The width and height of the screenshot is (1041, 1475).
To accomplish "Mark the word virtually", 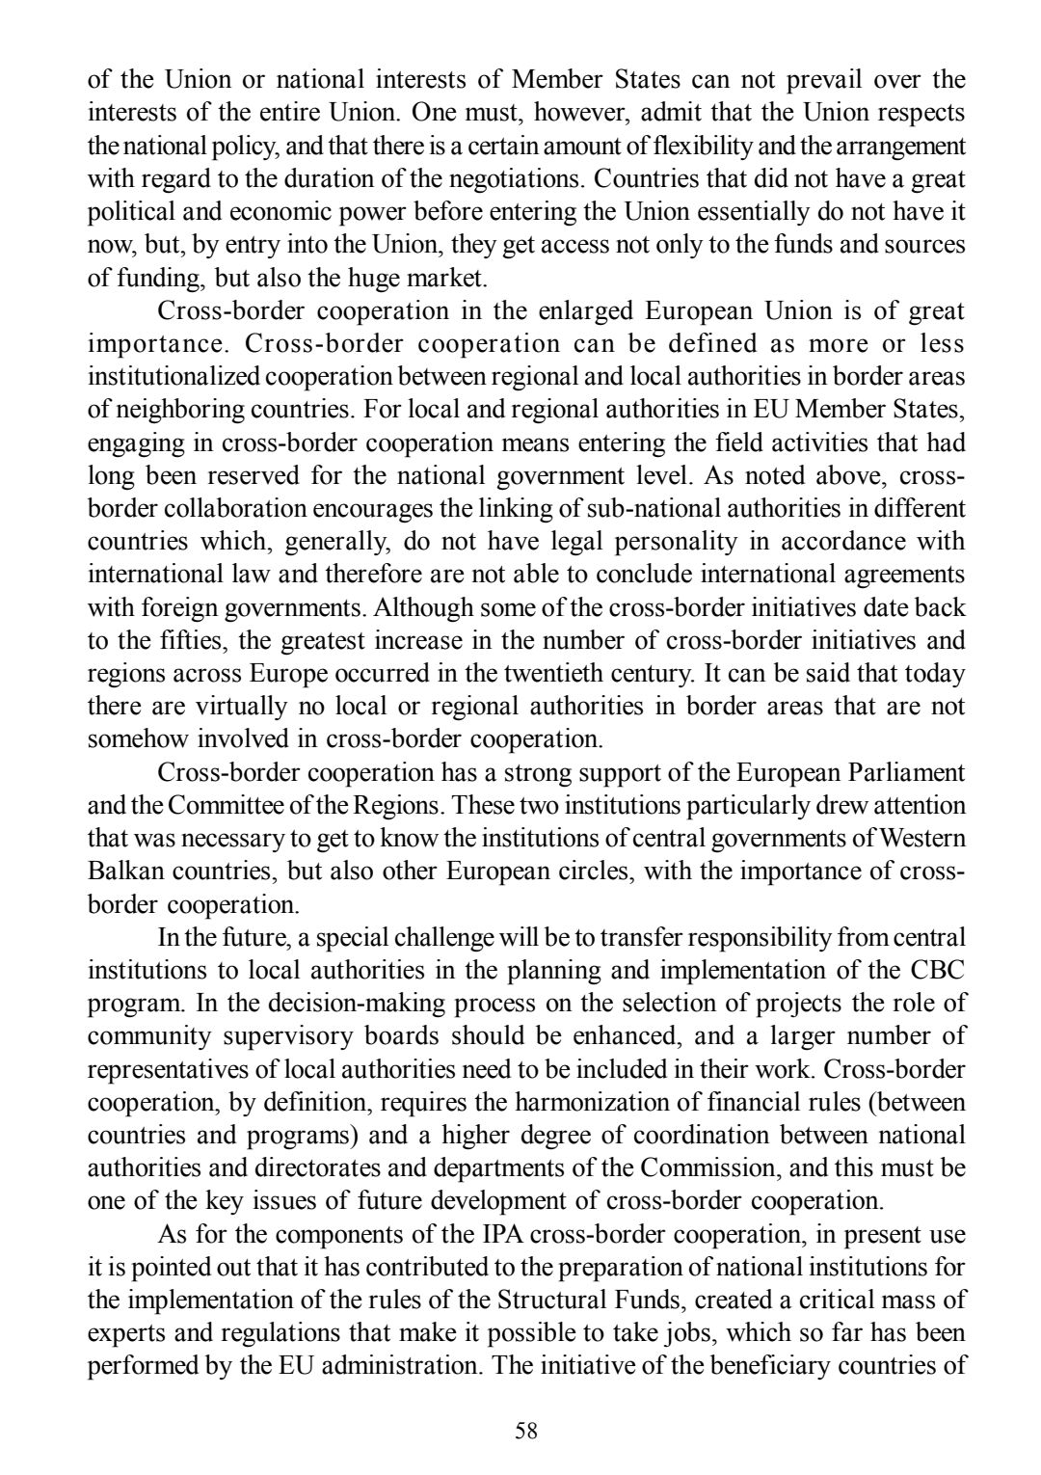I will tap(242, 707).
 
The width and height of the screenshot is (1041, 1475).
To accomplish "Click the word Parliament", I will tap(905, 773).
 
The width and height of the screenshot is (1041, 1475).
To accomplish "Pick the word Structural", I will tap(555, 1301).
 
